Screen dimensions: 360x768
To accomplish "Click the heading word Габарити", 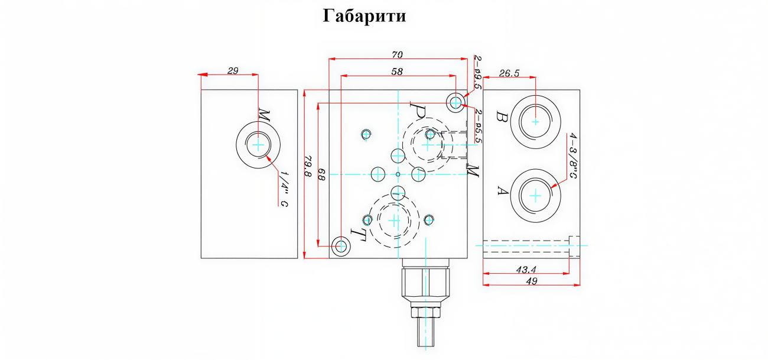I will click(x=365, y=16).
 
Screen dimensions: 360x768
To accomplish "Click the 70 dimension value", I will click(x=397, y=54).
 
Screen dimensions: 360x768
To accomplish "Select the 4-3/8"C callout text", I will click(x=572, y=156).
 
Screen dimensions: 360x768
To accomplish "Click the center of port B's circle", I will click(x=535, y=121).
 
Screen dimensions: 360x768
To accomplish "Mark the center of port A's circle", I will click(x=535, y=196).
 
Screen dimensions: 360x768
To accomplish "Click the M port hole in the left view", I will click(x=258, y=144).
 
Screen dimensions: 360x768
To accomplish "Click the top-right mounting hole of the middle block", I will click(x=455, y=102).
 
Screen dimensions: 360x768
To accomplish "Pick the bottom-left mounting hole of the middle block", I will click(x=341, y=246).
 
